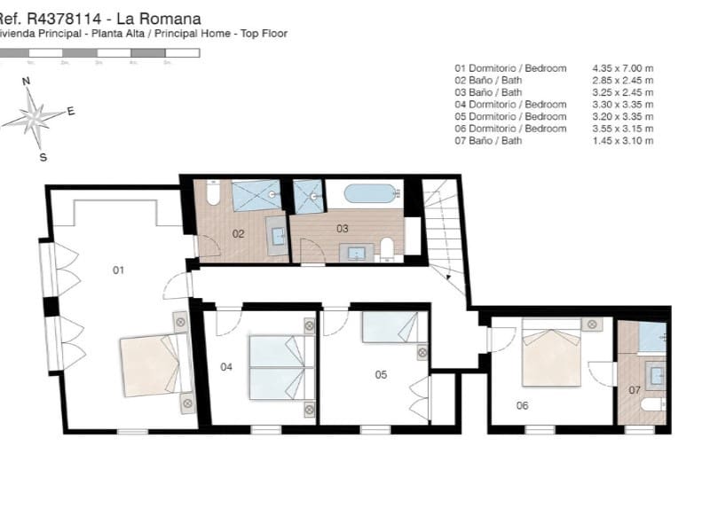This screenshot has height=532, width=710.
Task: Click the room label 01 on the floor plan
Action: point(118,270)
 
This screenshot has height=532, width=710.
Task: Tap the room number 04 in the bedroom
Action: point(226,366)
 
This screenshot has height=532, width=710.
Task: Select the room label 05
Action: point(381,374)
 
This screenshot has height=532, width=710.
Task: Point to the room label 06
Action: point(522,406)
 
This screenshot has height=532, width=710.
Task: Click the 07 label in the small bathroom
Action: point(634,389)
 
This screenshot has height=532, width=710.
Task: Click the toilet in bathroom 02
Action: point(213,193)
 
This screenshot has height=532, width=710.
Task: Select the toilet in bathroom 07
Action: point(652,404)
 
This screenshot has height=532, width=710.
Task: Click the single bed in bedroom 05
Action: point(389,327)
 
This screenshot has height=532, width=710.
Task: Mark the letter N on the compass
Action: point(27,81)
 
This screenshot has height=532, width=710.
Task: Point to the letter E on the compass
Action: point(71,112)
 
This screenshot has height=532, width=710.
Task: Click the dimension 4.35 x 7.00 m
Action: point(622,68)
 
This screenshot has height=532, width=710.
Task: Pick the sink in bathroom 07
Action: point(657,375)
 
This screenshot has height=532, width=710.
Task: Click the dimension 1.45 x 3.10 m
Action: point(622,141)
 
